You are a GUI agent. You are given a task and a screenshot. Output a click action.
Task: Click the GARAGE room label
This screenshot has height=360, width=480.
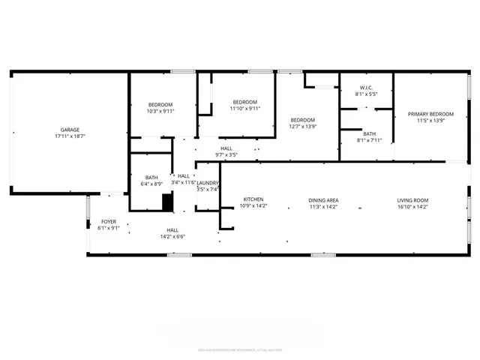pos(70,130)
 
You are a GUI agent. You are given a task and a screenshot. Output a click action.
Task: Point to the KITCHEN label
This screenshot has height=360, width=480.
pos(252,199)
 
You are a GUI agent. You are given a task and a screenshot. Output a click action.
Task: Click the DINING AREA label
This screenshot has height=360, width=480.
pos(324,199)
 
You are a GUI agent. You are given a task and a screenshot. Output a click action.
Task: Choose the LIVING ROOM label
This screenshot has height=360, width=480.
pos(412,199)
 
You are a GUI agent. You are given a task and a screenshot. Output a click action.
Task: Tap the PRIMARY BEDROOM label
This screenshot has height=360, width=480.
pos(426,114)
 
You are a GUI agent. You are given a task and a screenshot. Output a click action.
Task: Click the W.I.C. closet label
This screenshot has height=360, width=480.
pos(367,88)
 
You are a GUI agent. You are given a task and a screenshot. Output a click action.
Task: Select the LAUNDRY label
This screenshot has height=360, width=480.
pos(208,183)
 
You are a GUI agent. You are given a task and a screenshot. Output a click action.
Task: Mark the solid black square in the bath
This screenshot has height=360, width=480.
pos(168,202)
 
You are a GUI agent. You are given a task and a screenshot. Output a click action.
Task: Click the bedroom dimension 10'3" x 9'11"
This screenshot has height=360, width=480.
pos(160,111)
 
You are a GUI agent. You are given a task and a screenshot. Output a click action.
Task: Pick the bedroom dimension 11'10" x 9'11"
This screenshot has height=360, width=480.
pos(244,109)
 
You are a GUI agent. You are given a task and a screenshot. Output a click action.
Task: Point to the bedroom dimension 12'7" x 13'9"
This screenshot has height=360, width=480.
pos(303,127)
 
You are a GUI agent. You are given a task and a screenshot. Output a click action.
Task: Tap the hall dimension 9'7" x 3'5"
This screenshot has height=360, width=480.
pos(226,155)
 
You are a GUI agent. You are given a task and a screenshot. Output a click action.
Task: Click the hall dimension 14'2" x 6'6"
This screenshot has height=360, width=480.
pos(172,237)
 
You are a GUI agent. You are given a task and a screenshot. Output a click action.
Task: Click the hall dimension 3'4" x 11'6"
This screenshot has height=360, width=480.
pos(184,182)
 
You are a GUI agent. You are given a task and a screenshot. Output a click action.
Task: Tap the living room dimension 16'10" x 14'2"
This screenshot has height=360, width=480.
pos(412,206)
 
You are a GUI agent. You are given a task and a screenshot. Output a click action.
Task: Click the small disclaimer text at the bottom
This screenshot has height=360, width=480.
pos(240,349)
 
